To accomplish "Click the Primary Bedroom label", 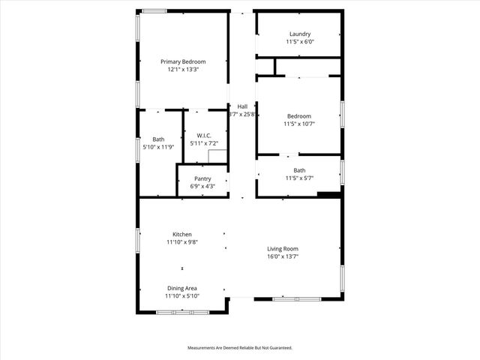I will pos(183,61).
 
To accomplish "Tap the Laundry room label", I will pos(299,34).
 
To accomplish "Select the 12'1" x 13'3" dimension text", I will pos(183,69).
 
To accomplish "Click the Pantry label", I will pos(202,178).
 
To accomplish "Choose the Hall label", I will pos(242,106).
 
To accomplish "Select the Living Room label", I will pos(283,249).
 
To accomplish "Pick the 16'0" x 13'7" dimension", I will pos(283,256).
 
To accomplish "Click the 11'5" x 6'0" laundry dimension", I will pos(299,42).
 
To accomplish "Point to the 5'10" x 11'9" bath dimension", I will pos(158,147).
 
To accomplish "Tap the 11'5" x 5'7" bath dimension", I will pos(299,178).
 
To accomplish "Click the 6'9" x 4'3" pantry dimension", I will pos(202,186).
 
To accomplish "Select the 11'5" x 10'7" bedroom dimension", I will pos(299,124).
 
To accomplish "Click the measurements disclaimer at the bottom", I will pos(239,348).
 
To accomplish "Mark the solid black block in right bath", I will pos(328,195).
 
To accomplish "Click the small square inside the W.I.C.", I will pos(217,157).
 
